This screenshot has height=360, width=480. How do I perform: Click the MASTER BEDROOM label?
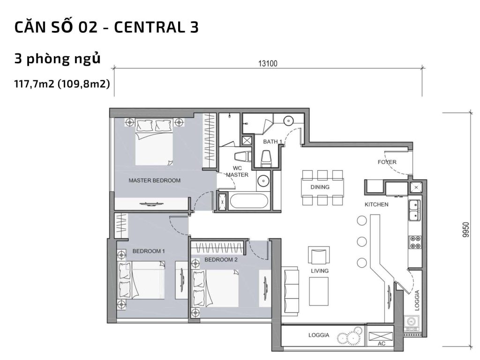tap(154, 180)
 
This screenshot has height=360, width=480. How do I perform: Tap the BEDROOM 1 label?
tap(149, 251)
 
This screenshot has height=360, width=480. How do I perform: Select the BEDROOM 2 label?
tap(221, 260)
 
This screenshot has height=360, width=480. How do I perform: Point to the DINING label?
tap(320, 187)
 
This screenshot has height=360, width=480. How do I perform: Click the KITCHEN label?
tap(376, 204)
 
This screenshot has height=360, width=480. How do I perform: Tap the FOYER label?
tap(387, 162)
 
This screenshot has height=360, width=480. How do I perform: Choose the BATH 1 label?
tap(272, 142)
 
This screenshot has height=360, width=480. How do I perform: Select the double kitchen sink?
tap(414, 210)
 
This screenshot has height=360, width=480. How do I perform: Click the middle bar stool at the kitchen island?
tap(361, 241)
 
